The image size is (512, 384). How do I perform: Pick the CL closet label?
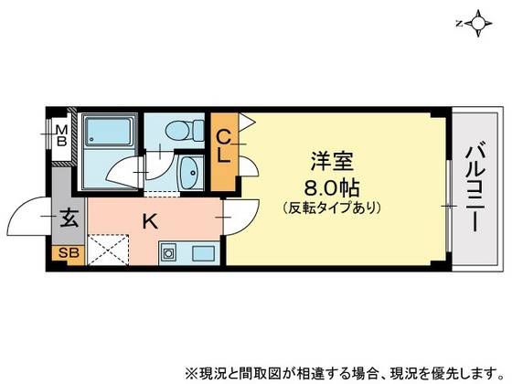(x=223, y=145)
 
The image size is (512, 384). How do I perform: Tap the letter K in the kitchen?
(x=147, y=219)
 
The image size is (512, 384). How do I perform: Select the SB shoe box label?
(x=69, y=253)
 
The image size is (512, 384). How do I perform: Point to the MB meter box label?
(x=60, y=138)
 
